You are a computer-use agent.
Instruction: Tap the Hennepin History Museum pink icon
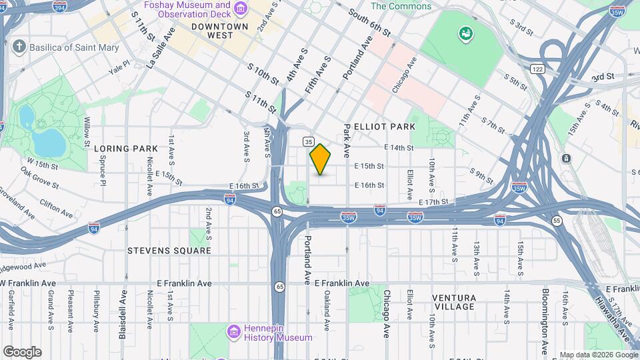click(x=233, y=331)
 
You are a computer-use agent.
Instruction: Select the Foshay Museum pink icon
click(x=239, y=9)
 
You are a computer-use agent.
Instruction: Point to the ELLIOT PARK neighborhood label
click(x=385, y=127)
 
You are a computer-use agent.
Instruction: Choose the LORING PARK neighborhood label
click(x=126, y=148)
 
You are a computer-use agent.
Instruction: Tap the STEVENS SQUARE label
click(x=169, y=251)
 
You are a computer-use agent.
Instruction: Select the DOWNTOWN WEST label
click(x=221, y=31)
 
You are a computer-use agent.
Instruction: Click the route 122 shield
click(x=538, y=69)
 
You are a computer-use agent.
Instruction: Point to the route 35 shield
click(x=308, y=141)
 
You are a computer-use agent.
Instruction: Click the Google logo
click(x=22, y=352)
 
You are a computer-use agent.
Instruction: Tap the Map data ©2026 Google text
click(x=597, y=355)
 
